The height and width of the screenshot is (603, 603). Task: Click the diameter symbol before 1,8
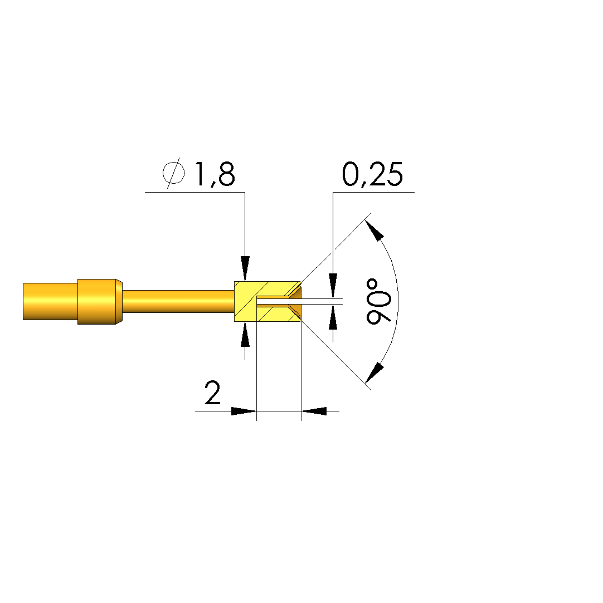point(173,173)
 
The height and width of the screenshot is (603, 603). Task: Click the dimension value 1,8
point(215,174)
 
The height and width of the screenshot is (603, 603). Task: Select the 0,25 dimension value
point(372,174)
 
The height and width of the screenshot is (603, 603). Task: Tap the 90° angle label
point(378,302)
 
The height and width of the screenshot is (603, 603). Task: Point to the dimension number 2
point(212,393)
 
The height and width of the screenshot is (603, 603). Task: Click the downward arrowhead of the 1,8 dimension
point(245,268)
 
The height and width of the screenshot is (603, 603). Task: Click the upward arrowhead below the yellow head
point(245,335)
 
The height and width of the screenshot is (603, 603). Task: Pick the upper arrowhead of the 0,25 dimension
point(333,286)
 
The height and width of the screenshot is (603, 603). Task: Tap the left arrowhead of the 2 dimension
point(244,411)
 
